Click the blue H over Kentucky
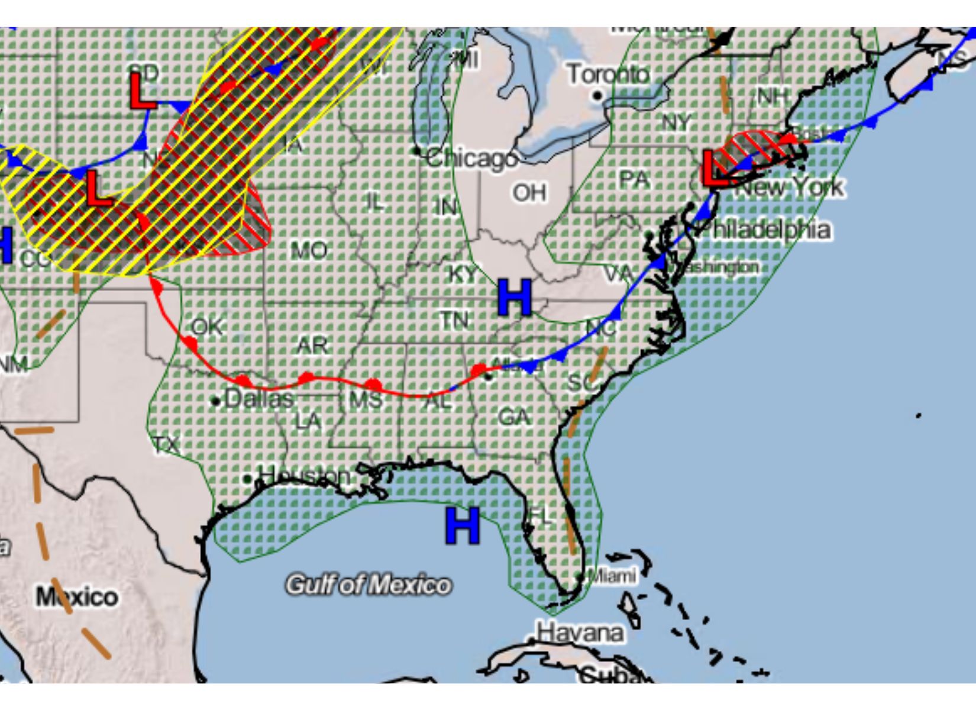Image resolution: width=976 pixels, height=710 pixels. point(514,298)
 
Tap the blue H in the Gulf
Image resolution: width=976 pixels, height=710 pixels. point(462,525)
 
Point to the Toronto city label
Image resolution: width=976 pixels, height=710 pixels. point(608,75)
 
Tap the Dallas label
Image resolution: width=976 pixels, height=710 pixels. point(258,399)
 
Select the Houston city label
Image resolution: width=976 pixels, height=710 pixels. point(304,475)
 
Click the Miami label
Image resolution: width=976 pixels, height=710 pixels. point(613,575)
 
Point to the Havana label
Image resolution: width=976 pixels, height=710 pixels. point(580,633)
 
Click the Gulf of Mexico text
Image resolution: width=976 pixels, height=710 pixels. point(368,585)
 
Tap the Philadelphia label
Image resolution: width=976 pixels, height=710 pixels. point(764,230)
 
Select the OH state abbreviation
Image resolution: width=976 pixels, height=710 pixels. point(529,192)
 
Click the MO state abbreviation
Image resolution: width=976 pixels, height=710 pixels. point(309,251)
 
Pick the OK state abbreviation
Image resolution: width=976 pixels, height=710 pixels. point(207,327)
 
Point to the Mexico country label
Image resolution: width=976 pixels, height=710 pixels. point(77,596)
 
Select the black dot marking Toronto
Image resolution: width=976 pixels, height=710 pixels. point(597,95)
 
